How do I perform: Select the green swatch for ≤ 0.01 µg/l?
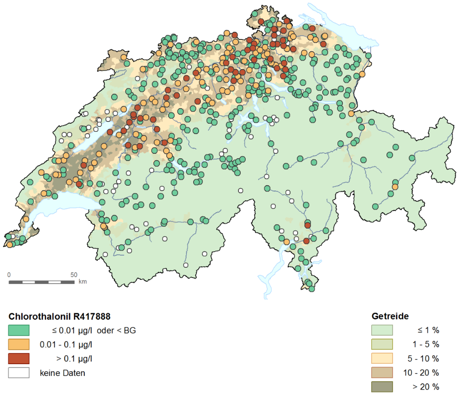click(x=19, y=331)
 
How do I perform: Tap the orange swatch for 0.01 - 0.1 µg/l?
click(x=19, y=344)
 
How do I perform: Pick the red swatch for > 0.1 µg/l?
click(x=19, y=358)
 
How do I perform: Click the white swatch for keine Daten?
click(x=19, y=372)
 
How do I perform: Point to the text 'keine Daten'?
click(x=62, y=373)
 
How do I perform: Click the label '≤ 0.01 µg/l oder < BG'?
click(x=94, y=331)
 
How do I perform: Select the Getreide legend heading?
click(x=390, y=316)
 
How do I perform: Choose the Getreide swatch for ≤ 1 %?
click(x=382, y=331)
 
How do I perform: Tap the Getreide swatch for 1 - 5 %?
click(x=382, y=344)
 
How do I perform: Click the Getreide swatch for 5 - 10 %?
click(x=382, y=358)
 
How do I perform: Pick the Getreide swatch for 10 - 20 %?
click(x=382, y=372)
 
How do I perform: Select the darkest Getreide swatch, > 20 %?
click(x=382, y=386)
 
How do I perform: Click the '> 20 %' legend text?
click(x=426, y=387)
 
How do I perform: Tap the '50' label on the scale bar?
click(x=74, y=274)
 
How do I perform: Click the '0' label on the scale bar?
click(x=9, y=274)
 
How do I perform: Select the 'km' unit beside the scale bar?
click(x=82, y=282)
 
